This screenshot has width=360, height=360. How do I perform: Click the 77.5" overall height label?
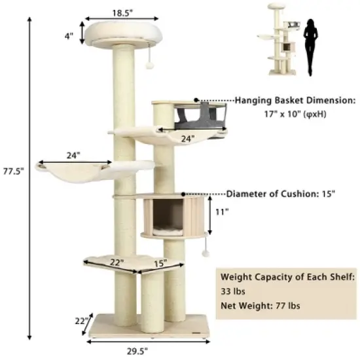tap(13, 171)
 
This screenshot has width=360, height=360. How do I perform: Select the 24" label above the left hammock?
tap(73, 156)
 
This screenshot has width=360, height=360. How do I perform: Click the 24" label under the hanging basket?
tap(188, 139)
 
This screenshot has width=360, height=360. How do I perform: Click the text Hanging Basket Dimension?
tap(295, 101)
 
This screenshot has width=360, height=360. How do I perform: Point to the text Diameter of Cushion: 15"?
tap(281, 194)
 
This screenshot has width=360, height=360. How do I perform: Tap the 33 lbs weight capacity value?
tap(233, 291)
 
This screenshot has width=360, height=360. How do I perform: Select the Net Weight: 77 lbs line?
tap(260, 306)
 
